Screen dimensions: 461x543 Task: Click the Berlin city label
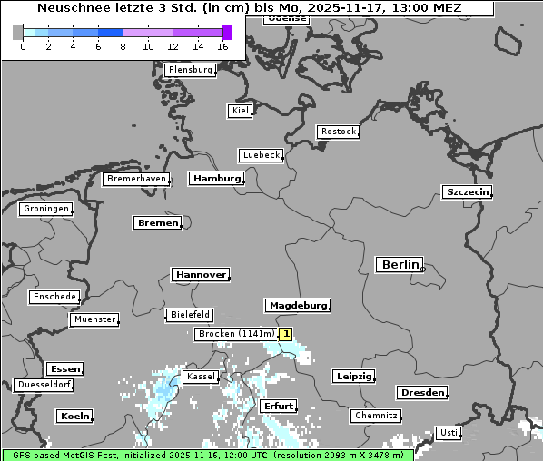pos(400,265)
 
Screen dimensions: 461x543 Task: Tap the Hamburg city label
pos(217,179)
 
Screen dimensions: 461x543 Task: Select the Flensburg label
pos(191,70)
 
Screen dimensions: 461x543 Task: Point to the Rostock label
pos(339,132)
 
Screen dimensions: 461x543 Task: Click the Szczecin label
pos(468,191)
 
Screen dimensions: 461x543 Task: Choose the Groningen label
pos(45,209)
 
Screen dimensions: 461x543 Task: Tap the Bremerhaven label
pos(137,179)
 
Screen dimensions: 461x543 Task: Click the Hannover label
pos(200,274)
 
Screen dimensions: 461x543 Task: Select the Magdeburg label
pos(297,306)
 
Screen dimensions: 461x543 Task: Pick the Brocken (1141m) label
pos(235,334)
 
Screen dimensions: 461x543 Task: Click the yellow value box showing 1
pos(286,334)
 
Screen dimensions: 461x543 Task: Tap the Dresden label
pos(421,393)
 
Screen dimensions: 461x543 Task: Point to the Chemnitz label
pos(375,416)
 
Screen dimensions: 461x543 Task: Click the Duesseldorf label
pos(44,385)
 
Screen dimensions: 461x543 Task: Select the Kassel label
pos(200,377)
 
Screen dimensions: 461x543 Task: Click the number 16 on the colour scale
pos(223,46)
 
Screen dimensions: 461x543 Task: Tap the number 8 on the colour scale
pos(123,46)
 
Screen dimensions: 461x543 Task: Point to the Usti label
pos(448,433)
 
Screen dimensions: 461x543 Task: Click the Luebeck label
pos(262,155)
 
